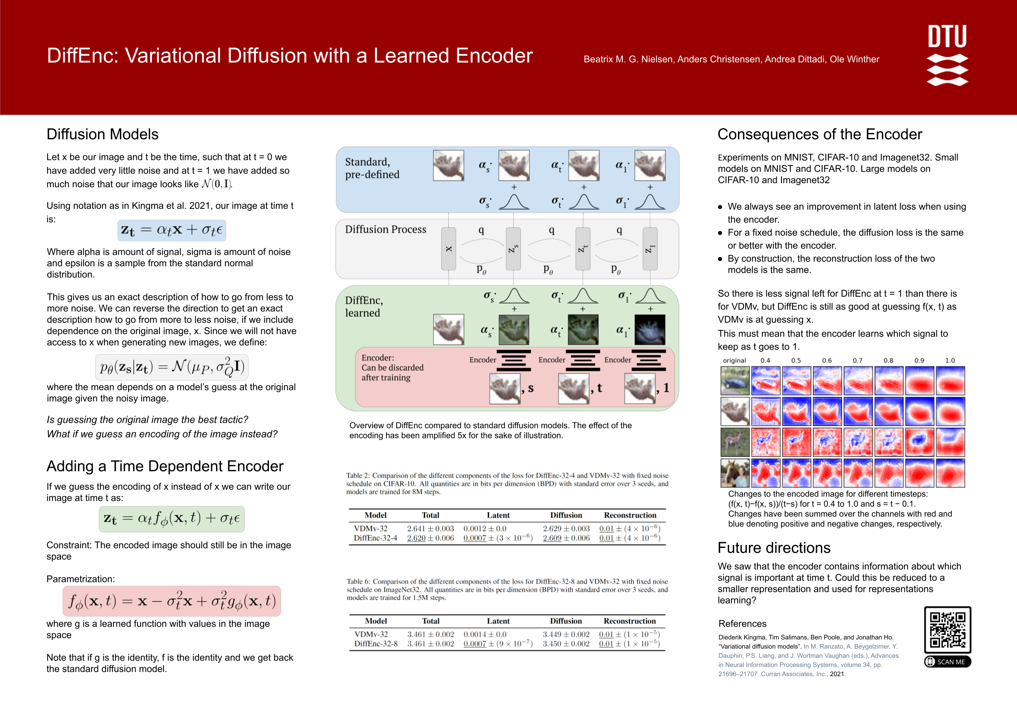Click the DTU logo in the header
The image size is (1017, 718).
coord(947,55)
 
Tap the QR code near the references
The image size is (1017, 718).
coord(947,629)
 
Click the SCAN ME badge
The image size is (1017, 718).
coord(947,662)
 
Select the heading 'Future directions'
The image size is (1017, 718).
coord(774,548)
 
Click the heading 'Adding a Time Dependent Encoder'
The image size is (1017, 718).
coord(165,466)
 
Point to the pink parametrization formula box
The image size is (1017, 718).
coord(171,601)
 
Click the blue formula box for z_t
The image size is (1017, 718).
coord(171,230)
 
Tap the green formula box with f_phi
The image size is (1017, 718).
coord(171,519)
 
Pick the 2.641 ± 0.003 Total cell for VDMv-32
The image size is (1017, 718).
coord(430,528)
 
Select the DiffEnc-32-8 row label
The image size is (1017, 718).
coord(375,644)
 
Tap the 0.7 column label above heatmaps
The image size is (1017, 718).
coord(858,360)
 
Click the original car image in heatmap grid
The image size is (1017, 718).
coord(735,381)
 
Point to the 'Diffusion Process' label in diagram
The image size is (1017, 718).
coord(385,229)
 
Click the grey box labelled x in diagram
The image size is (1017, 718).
coord(449,249)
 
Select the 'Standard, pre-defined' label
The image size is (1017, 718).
coord(372,168)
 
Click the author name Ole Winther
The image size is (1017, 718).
coord(854,59)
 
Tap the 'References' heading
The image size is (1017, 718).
coord(742,624)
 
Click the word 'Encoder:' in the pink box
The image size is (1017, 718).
coord(378,358)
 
